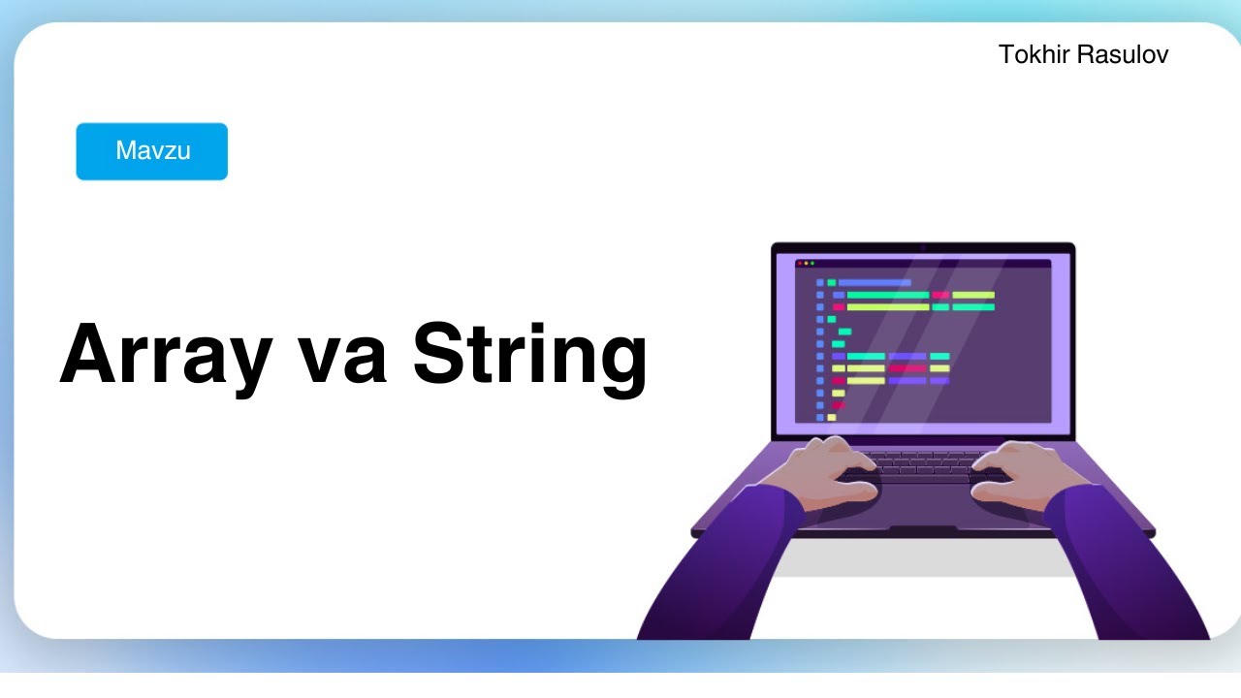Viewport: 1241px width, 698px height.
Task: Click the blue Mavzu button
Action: (x=152, y=151)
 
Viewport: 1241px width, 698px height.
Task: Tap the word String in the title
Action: (x=530, y=354)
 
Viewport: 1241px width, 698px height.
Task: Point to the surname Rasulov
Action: (x=1127, y=55)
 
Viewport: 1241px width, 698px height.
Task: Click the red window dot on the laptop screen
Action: (x=800, y=263)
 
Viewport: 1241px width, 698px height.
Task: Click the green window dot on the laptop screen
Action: (x=812, y=263)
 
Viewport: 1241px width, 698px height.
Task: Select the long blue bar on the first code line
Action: (x=875, y=282)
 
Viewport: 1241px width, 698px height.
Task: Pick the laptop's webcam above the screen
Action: (x=923, y=247)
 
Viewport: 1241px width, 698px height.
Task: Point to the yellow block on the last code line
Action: (x=831, y=417)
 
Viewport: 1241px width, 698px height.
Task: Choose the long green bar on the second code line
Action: (x=888, y=295)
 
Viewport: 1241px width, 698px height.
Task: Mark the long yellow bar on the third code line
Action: (x=888, y=307)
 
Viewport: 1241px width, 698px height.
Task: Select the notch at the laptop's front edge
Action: (x=923, y=530)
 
